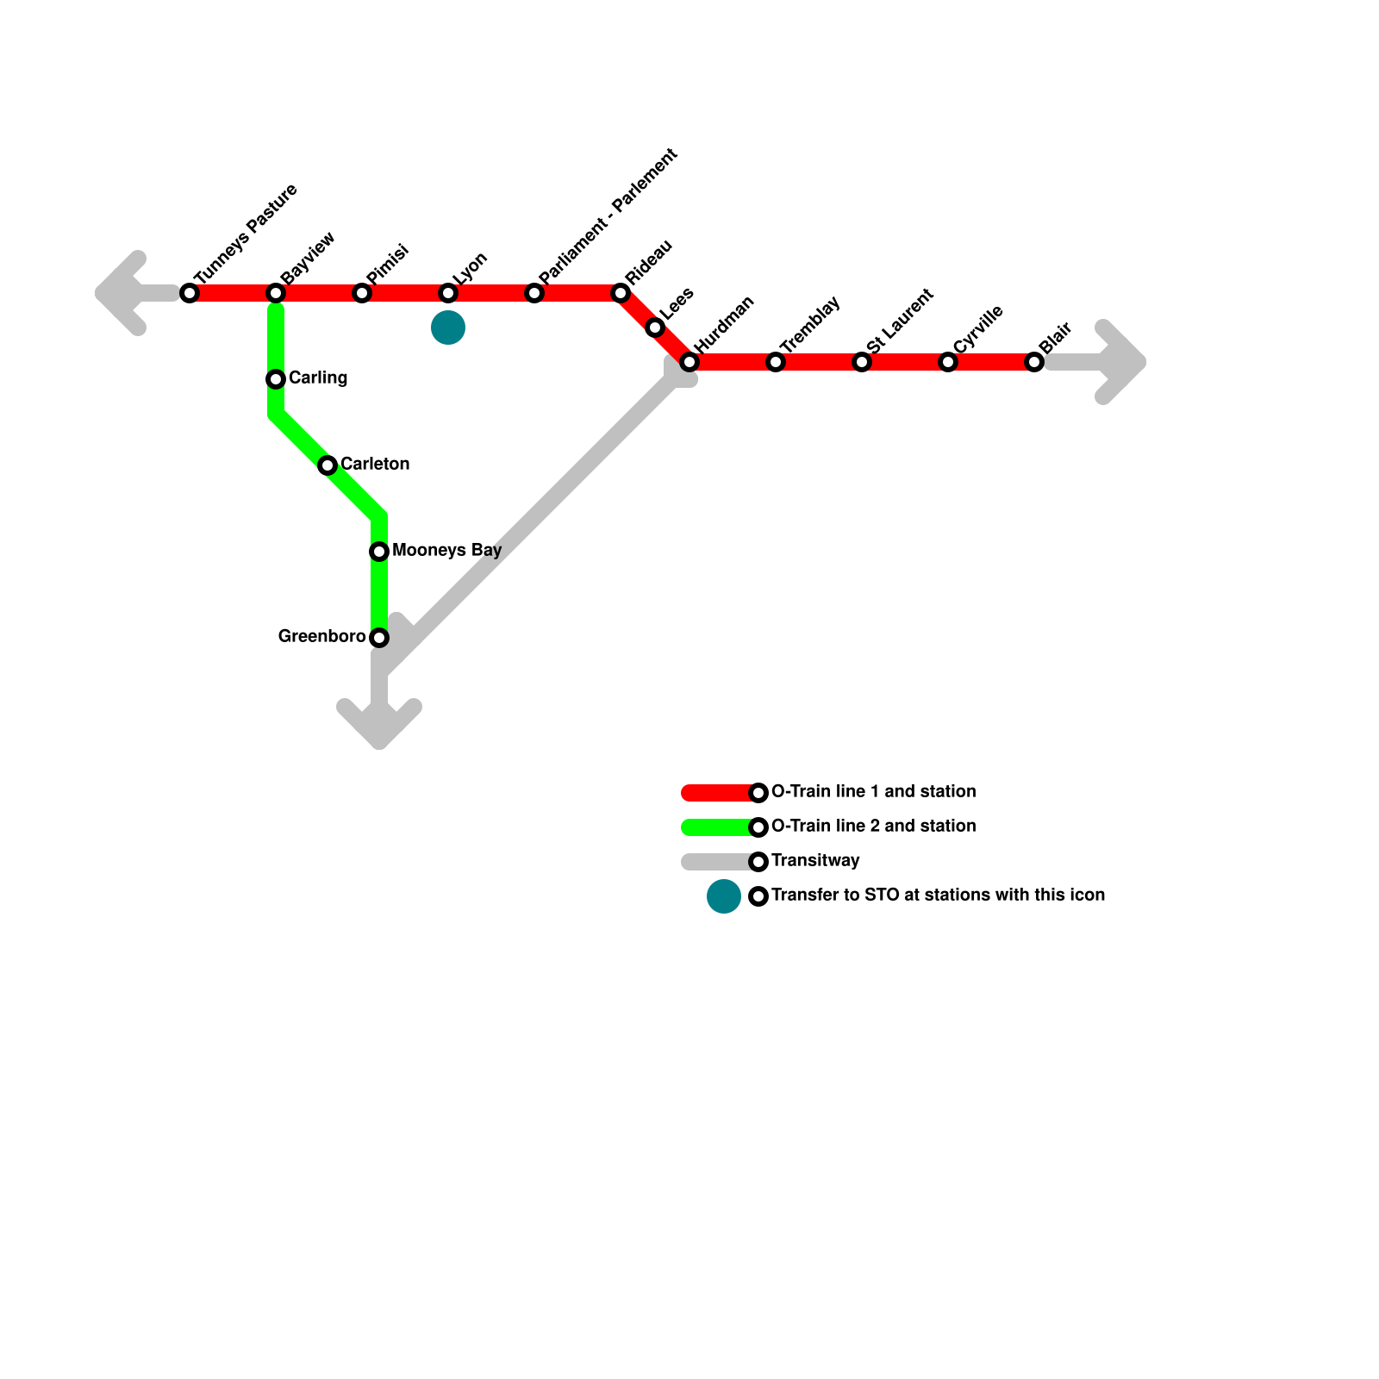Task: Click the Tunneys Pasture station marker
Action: (190, 293)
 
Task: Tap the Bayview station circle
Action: (276, 293)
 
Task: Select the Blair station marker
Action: (1034, 362)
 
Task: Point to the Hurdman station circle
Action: (689, 362)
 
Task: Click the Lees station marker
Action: (655, 328)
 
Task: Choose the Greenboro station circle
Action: (379, 638)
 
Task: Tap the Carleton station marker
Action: (328, 465)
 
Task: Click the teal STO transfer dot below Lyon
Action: (448, 328)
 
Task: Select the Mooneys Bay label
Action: (446, 550)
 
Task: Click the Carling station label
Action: (318, 378)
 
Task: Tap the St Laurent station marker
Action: (862, 362)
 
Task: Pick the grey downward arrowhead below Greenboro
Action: (379, 724)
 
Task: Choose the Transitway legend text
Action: (815, 860)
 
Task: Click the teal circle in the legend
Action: (724, 896)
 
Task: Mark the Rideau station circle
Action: (621, 293)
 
